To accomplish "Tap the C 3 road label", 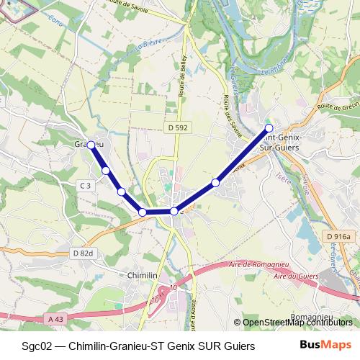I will click(x=85, y=186).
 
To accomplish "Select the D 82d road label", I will click(x=84, y=253).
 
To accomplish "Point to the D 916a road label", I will click(x=337, y=236).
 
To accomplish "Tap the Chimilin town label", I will click(x=142, y=276).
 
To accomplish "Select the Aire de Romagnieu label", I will click(x=251, y=265).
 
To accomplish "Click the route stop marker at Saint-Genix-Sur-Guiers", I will click(x=269, y=128).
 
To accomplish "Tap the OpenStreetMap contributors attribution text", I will click(x=297, y=323).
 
